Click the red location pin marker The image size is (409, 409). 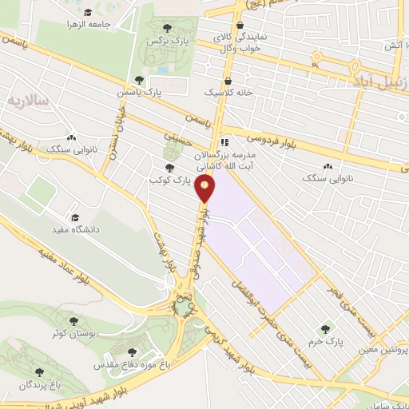pos(205,189)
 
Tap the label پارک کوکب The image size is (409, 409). pos(169,179)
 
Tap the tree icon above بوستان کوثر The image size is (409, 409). pos(73,321)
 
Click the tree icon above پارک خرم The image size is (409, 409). pos(324,328)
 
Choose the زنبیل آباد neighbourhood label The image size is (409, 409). pos(379,81)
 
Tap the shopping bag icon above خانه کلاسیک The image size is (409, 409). pos(228,81)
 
